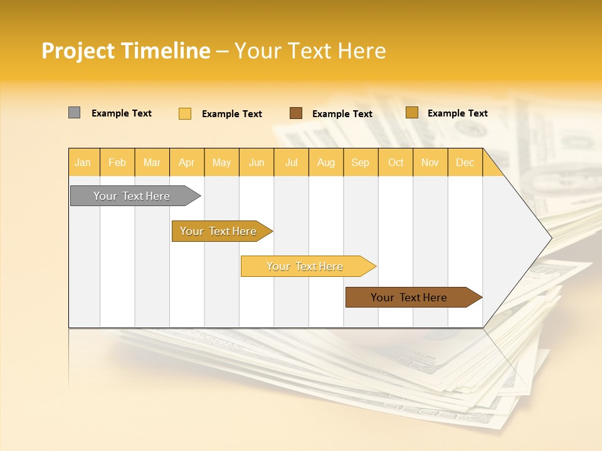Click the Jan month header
83,162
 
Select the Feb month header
117,162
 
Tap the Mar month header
152,162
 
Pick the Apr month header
187,162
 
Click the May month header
221,162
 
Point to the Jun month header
256,162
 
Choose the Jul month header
292,162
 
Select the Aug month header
326,162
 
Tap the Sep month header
361,162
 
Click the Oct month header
396,162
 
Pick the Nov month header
430,162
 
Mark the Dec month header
465,162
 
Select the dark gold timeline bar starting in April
219,231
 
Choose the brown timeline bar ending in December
409,298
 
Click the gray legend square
75,113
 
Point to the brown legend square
296,113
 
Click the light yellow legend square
185,113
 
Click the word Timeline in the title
165,51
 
